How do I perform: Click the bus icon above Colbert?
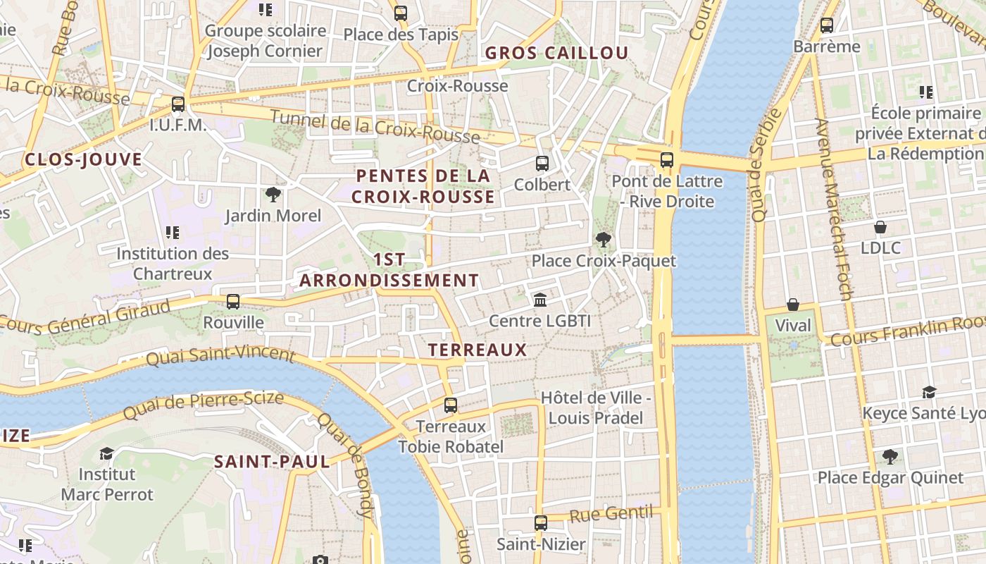tap(542, 164)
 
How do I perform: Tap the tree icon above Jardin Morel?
tap(273, 195)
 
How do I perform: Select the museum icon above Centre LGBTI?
tap(540, 300)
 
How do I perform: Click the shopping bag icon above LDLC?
tap(880, 227)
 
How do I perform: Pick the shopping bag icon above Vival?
tap(793, 305)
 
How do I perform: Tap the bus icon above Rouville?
tap(233, 302)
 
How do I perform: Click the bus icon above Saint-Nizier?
tap(540, 523)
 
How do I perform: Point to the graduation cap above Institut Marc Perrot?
tap(106, 453)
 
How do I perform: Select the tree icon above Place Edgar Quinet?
tap(890, 457)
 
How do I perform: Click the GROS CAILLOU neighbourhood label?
tap(556, 53)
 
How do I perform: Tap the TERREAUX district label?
tap(478, 350)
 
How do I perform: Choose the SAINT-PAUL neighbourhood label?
tap(272, 462)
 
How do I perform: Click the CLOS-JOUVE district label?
tap(83, 159)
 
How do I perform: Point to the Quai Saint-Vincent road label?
tap(220, 355)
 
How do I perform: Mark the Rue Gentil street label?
tap(610, 514)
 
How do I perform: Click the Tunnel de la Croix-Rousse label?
tap(375, 127)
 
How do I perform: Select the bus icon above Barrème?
tap(827, 25)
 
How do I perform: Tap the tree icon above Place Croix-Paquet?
tap(603, 240)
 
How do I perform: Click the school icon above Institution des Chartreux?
tap(173, 232)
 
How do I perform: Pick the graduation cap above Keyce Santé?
tap(930, 392)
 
